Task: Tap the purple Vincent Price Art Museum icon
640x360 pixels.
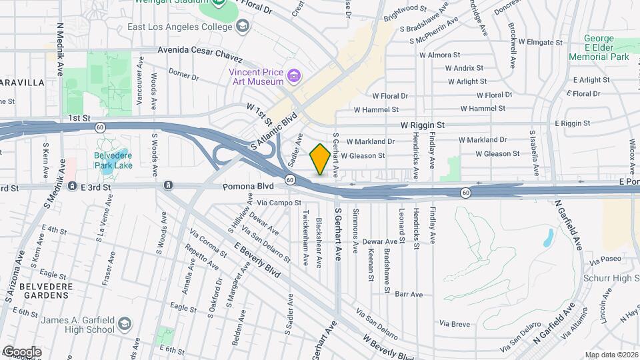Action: coord(293,77)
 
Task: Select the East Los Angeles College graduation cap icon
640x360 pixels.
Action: coord(243,27)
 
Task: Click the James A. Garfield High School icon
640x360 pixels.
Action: coord(124,325)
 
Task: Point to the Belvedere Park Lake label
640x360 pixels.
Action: coord(113,159)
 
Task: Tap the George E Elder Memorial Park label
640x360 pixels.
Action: coord(599,48)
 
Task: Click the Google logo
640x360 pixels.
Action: coord(21,352)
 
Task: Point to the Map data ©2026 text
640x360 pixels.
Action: coord(611,355)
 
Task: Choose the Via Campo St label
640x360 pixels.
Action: coord(279,201)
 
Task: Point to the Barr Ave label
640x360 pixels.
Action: coord(409,294)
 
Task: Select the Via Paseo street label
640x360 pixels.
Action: coord(605,259)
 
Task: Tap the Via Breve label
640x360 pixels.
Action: coord(455,324)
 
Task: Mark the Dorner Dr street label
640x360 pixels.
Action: coord(183,74)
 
